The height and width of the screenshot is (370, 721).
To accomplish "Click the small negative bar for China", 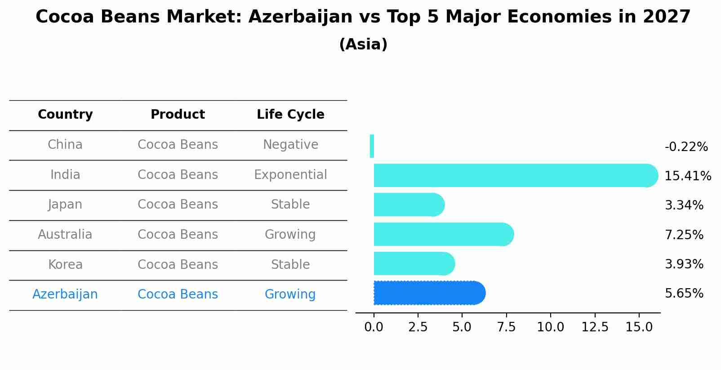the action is click(x=372, y=146).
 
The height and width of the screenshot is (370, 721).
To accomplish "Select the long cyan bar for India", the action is click(x=516, y=175).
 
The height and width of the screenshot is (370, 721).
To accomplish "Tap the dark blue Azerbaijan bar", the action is click(x=430, y=293).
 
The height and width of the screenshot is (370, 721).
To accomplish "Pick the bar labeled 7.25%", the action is click(x=444, y=234).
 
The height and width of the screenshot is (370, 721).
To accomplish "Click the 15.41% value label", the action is click(x=688, y=176).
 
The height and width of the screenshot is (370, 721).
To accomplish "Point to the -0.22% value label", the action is click(x=686, y=147).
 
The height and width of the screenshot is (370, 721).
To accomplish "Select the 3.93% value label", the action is click(x=684, y=264).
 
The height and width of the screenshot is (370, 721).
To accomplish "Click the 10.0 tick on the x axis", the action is click(x=550, y=327).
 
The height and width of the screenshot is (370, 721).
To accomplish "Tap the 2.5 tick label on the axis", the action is click(x=418, y=327).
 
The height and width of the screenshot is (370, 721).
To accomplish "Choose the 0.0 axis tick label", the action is click(x=374, y=327).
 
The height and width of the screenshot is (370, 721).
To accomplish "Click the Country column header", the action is click(x=65, y=114).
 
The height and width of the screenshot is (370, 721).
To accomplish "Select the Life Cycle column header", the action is click(x=290, y=114).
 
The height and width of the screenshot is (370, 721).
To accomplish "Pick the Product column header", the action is click(x=178, y=114).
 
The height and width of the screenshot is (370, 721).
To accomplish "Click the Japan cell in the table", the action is click(x=65, y=205).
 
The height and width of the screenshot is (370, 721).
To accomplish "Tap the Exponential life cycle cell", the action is click(x=290, y=175).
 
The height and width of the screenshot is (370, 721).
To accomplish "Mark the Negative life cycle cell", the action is click(x=290, y=145).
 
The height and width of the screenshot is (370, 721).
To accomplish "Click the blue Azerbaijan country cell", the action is click(x=65, y=294).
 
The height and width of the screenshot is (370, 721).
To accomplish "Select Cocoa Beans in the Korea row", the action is click(x=178, y=264).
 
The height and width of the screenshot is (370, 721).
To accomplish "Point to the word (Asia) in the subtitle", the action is click(x=363, y=44).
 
